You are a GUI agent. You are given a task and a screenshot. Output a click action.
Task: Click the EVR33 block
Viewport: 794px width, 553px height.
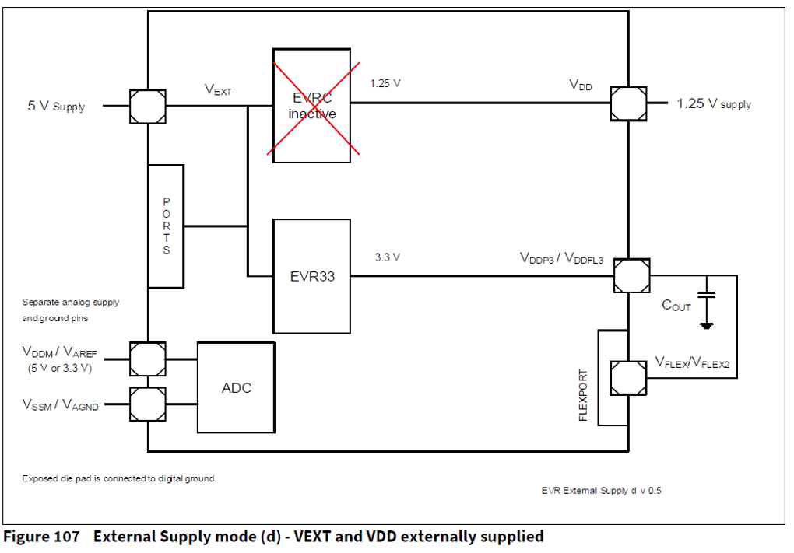[x=311, y=276]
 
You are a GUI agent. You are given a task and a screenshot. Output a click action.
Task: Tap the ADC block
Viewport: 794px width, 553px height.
[x=236, y=387]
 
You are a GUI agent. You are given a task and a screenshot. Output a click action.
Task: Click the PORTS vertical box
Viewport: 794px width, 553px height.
[x=166, y=226]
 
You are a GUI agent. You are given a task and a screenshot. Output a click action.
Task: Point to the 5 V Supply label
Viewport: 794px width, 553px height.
[x=56, y=106]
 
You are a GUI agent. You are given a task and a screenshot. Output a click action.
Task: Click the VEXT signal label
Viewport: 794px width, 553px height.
[x=219, y=90]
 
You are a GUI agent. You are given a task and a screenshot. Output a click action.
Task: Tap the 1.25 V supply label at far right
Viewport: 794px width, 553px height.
[x=714, y=103]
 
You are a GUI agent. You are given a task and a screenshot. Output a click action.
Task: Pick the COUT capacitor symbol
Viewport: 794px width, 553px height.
[x=707, y=296]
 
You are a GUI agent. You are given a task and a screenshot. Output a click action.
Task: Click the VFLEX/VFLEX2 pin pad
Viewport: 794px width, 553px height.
[x=628, y=376]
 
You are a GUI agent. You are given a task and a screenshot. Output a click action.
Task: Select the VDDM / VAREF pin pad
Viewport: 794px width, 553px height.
[x=147, y=359]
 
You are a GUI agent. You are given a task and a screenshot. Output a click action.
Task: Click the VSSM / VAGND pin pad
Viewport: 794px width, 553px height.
[x=147, y=404]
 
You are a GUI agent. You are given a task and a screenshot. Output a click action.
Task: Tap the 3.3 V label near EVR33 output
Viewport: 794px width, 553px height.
[x=388, y=257]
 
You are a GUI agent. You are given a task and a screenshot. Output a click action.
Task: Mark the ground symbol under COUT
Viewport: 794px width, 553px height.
[x=707, y=325]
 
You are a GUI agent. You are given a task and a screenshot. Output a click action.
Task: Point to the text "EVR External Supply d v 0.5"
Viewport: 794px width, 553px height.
[x=601, y=491]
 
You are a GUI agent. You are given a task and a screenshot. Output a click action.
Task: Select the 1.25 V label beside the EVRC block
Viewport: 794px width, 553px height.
[x=386, y=82]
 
